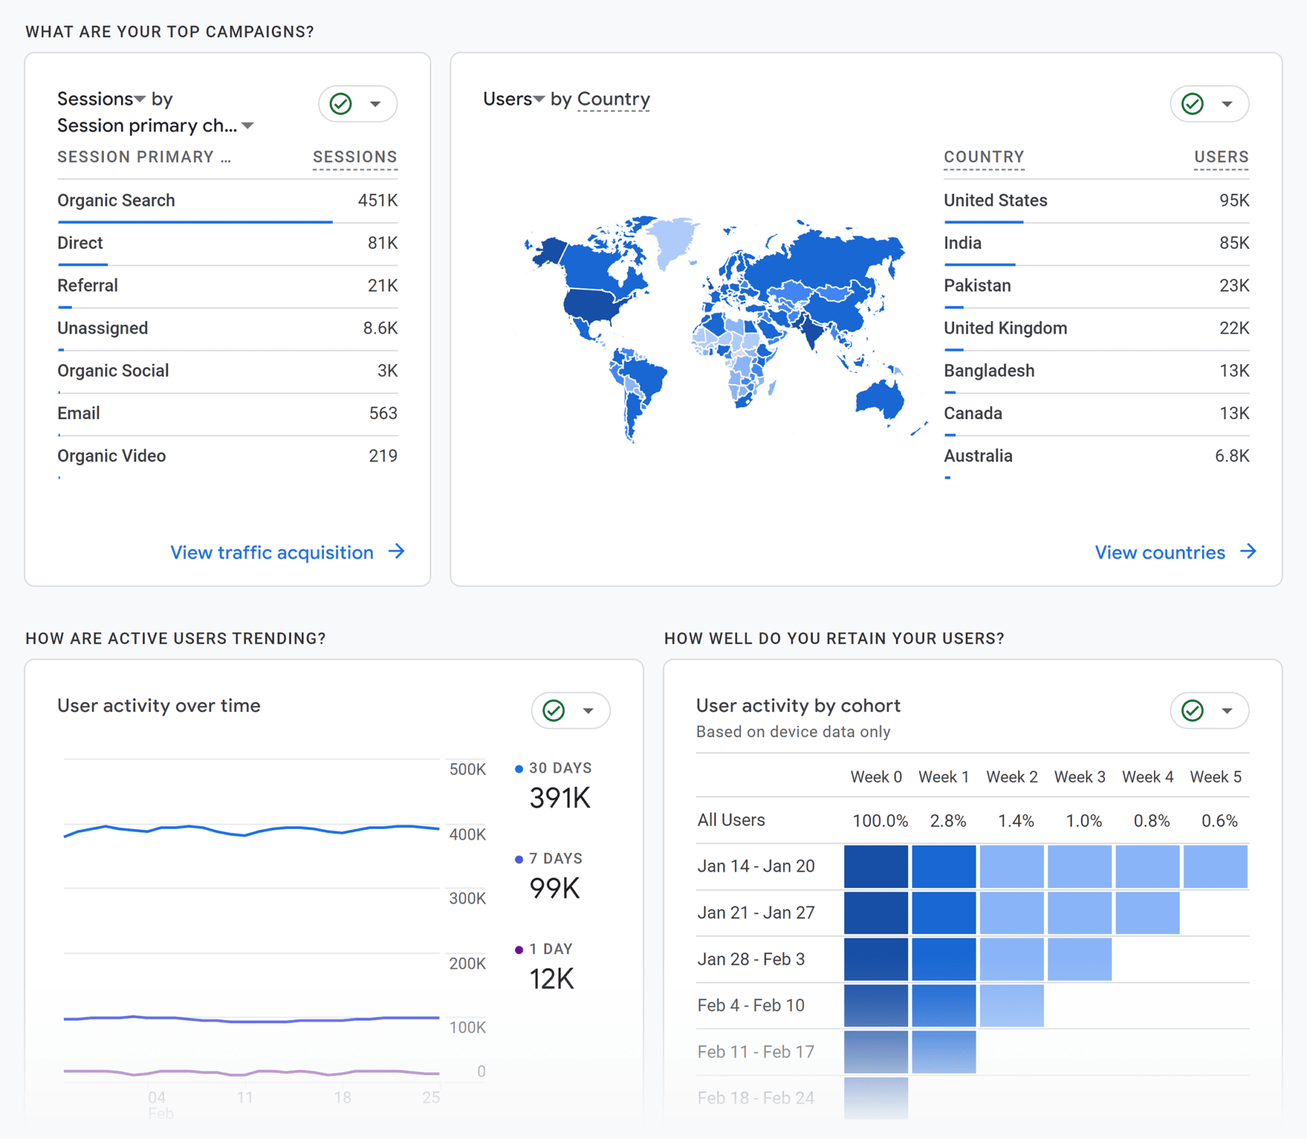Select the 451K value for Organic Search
point(377,200)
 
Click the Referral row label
point(87,285)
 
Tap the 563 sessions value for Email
point(383,413)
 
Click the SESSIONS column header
point(355,157)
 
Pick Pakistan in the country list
point(977,285)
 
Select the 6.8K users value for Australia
point(1232,456)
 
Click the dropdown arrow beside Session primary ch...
point(248,126)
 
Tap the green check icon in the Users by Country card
point(1192,103)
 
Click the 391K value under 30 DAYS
point(560,798)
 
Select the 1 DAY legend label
point(550,949)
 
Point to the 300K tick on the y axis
point(467,898)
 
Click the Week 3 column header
point(1079,777)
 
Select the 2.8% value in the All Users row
point(947,821)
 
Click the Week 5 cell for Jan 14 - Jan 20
point(1214,867)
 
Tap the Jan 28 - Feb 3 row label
point(751,959)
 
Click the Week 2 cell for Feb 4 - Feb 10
point(1012,1006)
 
